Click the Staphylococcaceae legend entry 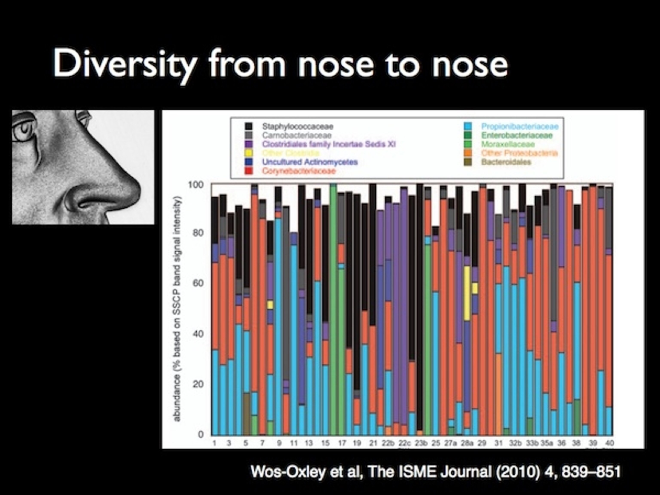point(298,127)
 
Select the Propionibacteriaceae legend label point(520,127)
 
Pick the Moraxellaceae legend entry point(508,144)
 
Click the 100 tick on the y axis point(196,185)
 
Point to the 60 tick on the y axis point(198,283)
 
